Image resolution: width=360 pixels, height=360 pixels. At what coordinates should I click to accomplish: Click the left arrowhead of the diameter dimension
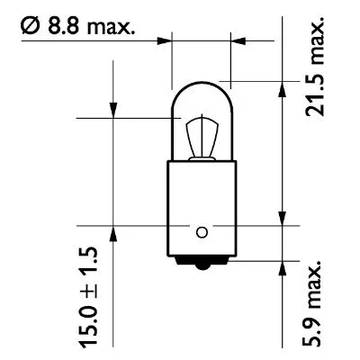click(x=166, y=40)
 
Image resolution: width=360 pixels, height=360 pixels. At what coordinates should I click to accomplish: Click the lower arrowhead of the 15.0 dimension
click(x=113, y=231)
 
